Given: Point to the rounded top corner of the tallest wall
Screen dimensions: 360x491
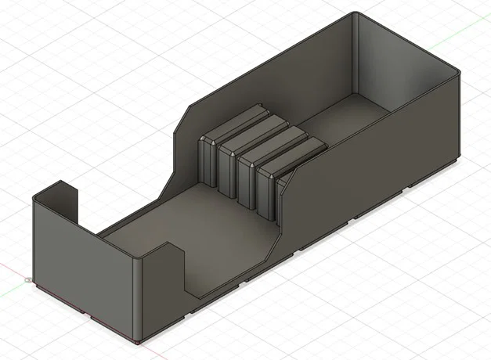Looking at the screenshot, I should [x=356, y=16].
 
